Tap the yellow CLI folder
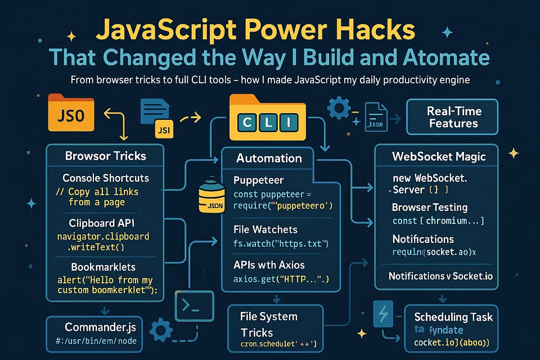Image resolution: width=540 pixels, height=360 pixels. [268, 118]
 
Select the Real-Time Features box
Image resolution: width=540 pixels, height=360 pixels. [452, 116]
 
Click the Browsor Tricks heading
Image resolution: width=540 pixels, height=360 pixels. [106, 156]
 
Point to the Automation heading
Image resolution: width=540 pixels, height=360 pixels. [269, 159]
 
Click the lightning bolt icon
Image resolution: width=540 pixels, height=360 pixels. [382, 314]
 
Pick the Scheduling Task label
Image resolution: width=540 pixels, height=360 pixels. [453, 317]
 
